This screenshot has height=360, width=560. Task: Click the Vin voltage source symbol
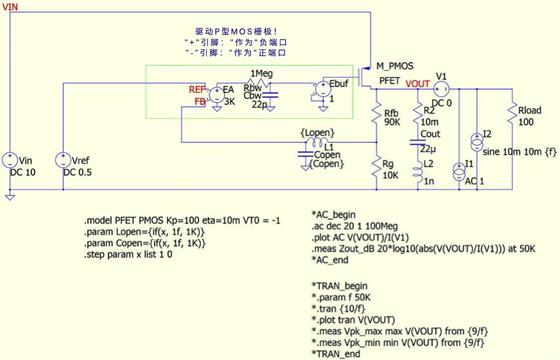[10, 160]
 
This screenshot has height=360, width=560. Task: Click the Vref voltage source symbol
[63, 160]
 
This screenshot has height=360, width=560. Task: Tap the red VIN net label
[10, 6]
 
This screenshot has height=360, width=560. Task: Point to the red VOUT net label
[418, 84]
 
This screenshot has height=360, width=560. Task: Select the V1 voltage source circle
[441, 89]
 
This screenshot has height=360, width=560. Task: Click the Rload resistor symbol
[513, 114]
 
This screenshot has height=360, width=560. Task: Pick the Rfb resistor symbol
[376, 115]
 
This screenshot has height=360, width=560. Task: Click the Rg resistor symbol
[376, 167]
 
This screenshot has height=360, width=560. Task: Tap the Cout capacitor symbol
[418, 143]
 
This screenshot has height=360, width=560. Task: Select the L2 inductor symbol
[418, 172]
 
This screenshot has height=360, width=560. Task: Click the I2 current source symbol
[477, 142]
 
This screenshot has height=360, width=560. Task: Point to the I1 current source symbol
[459, 172]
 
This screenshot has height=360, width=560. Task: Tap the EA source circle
[217, 95]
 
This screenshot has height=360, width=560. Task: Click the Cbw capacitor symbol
[270, 95]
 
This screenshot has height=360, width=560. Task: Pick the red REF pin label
[197, 89]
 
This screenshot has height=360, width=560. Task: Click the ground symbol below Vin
[10, 197]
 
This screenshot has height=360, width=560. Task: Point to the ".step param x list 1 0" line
[128, 255]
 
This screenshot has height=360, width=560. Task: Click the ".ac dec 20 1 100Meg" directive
[354, 226]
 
